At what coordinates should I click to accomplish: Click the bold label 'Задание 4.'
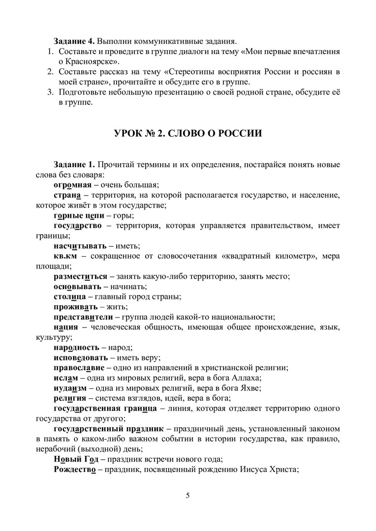click(x=72, y=40)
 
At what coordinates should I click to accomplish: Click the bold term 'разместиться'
click(x=80, y=276)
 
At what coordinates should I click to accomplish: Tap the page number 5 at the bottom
click(x=188, y=495)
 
